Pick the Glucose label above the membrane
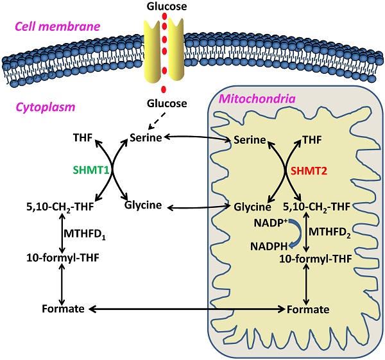click(167, 6)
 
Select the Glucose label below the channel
click(167, 103)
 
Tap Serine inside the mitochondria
click(251, 139)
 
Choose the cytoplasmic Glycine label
click(146, 207)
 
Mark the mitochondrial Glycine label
click(250, 207)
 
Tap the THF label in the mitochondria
click(313, 138)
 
